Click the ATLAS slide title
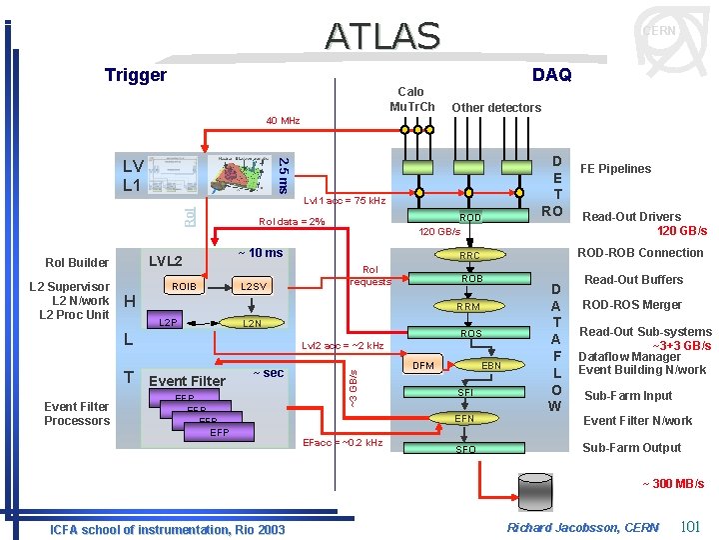point(381,35)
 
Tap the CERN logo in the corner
point(659,32)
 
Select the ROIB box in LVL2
point(185,287)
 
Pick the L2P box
point(170,323)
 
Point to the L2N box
point(254,323)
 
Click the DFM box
point(423,366)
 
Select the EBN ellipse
point(491,366)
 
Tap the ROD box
point(469,217)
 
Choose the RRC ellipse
point(469,256)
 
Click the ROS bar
point(469,334)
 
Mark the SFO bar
point(466,450)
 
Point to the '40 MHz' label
point(283,121)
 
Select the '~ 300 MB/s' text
point(672,484)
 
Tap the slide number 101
point(689,526)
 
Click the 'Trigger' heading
point(136,75)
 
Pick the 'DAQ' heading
point(551,75)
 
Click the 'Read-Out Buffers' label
point(633,280)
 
